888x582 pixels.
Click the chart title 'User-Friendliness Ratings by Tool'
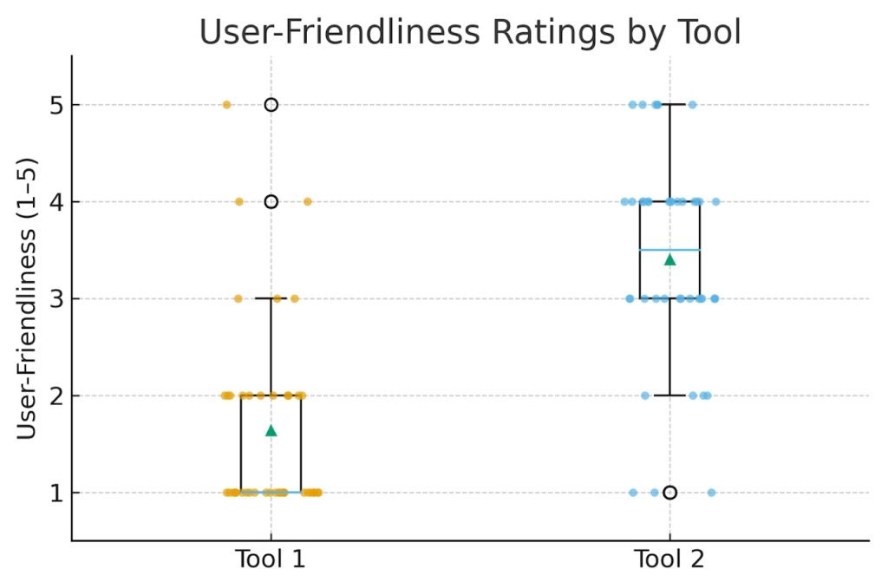(470, 33)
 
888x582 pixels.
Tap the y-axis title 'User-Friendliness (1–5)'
(28, 298)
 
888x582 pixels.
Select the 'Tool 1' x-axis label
(271, 559)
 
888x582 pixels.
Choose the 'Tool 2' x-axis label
(669, 559)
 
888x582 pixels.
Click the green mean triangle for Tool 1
(271, 430)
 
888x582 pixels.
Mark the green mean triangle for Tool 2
(669, 258)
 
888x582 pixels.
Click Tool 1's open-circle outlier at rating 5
(271, 105)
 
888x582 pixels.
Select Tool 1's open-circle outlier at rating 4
(271, 202)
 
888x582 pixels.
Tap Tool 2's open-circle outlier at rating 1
(669, 493)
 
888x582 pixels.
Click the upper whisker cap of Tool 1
(271, 298)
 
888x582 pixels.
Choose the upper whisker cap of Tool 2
(669, 105)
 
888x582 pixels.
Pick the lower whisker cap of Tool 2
(669, 396)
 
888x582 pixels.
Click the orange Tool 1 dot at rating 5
(226, 105)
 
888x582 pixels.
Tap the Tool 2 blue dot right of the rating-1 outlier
(711, 493)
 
